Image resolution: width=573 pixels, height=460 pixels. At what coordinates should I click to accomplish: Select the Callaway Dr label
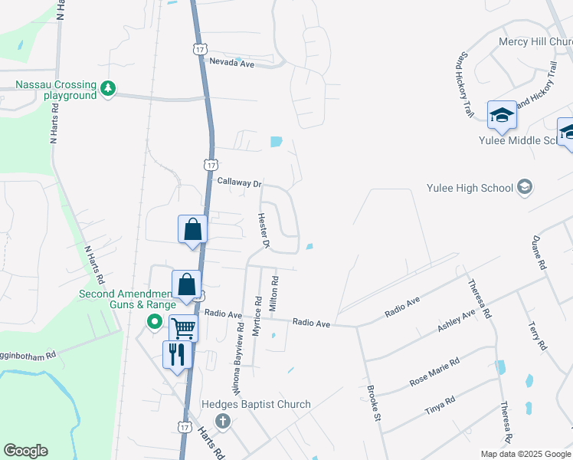(x=239, y=183)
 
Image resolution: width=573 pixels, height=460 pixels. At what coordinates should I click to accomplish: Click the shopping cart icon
(x=183, y=328)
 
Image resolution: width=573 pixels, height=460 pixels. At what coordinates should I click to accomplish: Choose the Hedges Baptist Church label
(x=256, y=404)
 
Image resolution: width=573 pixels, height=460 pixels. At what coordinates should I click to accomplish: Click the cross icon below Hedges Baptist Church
(x=223, y=420)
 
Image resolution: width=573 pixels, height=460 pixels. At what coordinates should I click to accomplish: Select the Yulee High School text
(x=470, y=188)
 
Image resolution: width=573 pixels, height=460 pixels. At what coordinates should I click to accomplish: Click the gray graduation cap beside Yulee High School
(x=525, y=187)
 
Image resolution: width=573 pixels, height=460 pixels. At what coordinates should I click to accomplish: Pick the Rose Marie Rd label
(x=434, y=372)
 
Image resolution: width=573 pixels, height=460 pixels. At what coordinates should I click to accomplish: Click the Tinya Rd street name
(x=440, y=406)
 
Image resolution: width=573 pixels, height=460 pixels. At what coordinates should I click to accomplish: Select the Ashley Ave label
(x=457, y=316)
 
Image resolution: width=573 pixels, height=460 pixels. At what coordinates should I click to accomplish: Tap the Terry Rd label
(x=534, y=335)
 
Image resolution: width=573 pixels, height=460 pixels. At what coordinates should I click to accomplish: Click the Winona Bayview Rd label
(x=239, y=356)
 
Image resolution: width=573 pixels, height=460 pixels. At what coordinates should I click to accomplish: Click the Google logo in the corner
(x=25, y=451)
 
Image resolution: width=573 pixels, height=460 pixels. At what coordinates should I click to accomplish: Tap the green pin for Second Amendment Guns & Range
(x=153, y=322)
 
